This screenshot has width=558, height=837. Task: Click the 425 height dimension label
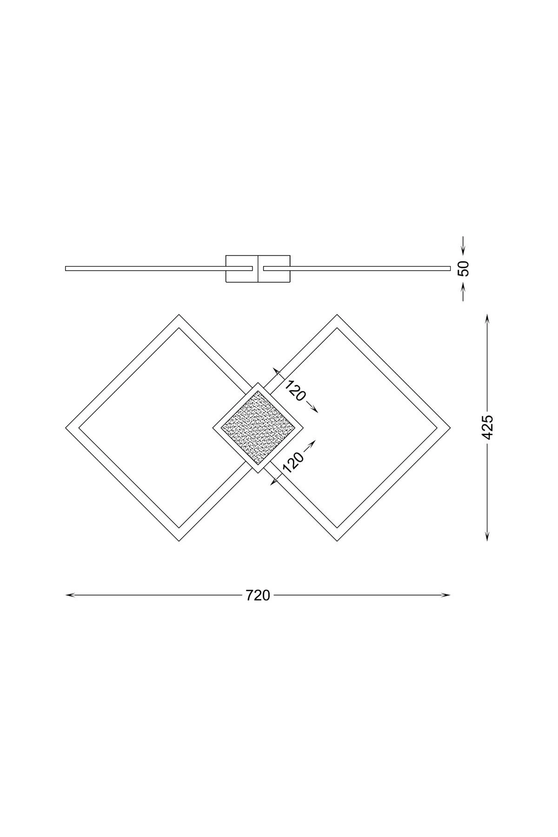(487, 427)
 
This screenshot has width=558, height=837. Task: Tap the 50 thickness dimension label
(464, 269)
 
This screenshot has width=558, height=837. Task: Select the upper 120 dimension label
(296, 390)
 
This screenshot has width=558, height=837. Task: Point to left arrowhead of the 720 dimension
(69, 595)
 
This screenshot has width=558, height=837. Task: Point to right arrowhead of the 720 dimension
(446, 595)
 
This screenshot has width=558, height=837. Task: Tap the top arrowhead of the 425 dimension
(487, 318)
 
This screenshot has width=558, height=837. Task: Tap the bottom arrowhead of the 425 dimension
(487, 537)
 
